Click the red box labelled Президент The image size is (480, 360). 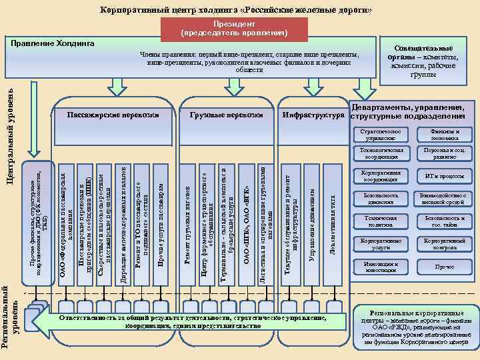point(234,27)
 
